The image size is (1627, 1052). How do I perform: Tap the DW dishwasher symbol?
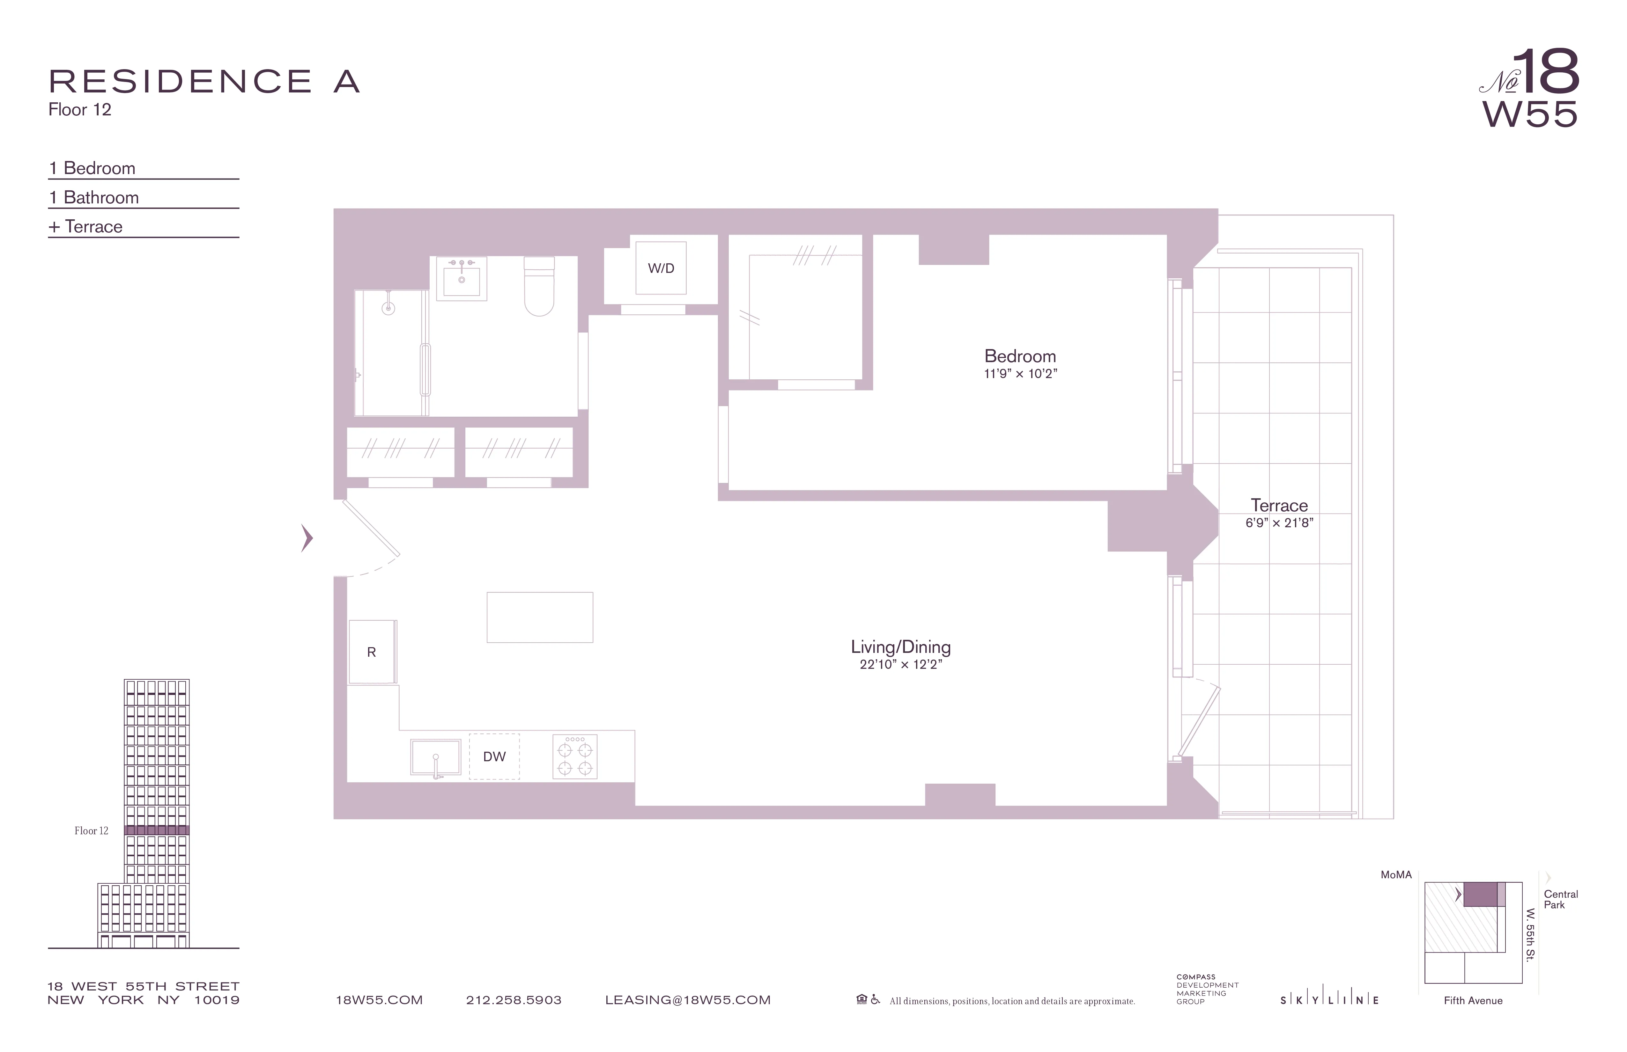494,756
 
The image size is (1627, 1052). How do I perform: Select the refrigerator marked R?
372,652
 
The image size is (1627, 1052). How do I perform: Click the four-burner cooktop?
575,756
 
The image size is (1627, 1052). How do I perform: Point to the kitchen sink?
435,757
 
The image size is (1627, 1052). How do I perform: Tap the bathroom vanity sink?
461,279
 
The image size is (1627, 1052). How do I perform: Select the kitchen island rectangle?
540,617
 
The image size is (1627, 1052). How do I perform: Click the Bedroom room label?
1019,356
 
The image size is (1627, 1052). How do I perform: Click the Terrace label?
1278,506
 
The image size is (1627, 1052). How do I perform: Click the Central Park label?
1560,899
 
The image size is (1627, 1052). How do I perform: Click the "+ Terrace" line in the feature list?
86,227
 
